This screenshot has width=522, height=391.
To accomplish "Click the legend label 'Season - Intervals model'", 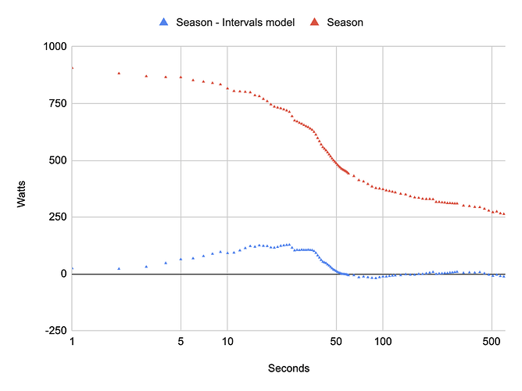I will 237,23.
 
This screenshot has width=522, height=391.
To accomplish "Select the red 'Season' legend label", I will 345,23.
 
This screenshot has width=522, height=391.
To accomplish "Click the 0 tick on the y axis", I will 63,274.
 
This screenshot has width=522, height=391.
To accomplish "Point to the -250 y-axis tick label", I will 54,331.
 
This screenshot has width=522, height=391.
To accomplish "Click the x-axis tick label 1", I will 72,342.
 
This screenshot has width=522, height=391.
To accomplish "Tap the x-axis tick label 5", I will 181,342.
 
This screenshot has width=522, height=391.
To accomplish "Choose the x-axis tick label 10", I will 227,342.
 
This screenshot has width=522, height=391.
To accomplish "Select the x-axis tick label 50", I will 336,342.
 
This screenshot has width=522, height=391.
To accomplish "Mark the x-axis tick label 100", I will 383,342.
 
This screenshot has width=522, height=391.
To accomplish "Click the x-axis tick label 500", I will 492,342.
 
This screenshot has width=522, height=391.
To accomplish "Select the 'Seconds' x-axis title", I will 288,368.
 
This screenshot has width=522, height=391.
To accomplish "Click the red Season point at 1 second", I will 72,68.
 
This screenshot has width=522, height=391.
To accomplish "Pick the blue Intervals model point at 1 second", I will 72,268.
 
